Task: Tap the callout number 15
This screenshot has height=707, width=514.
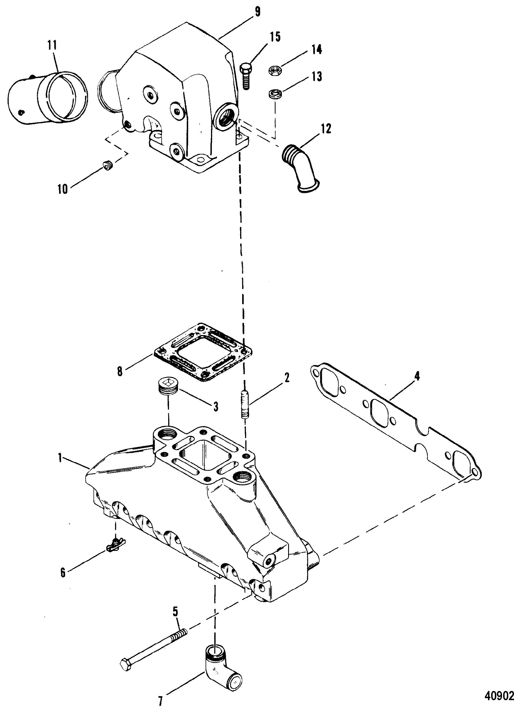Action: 275,37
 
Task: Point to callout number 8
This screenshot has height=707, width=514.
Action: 120,372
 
